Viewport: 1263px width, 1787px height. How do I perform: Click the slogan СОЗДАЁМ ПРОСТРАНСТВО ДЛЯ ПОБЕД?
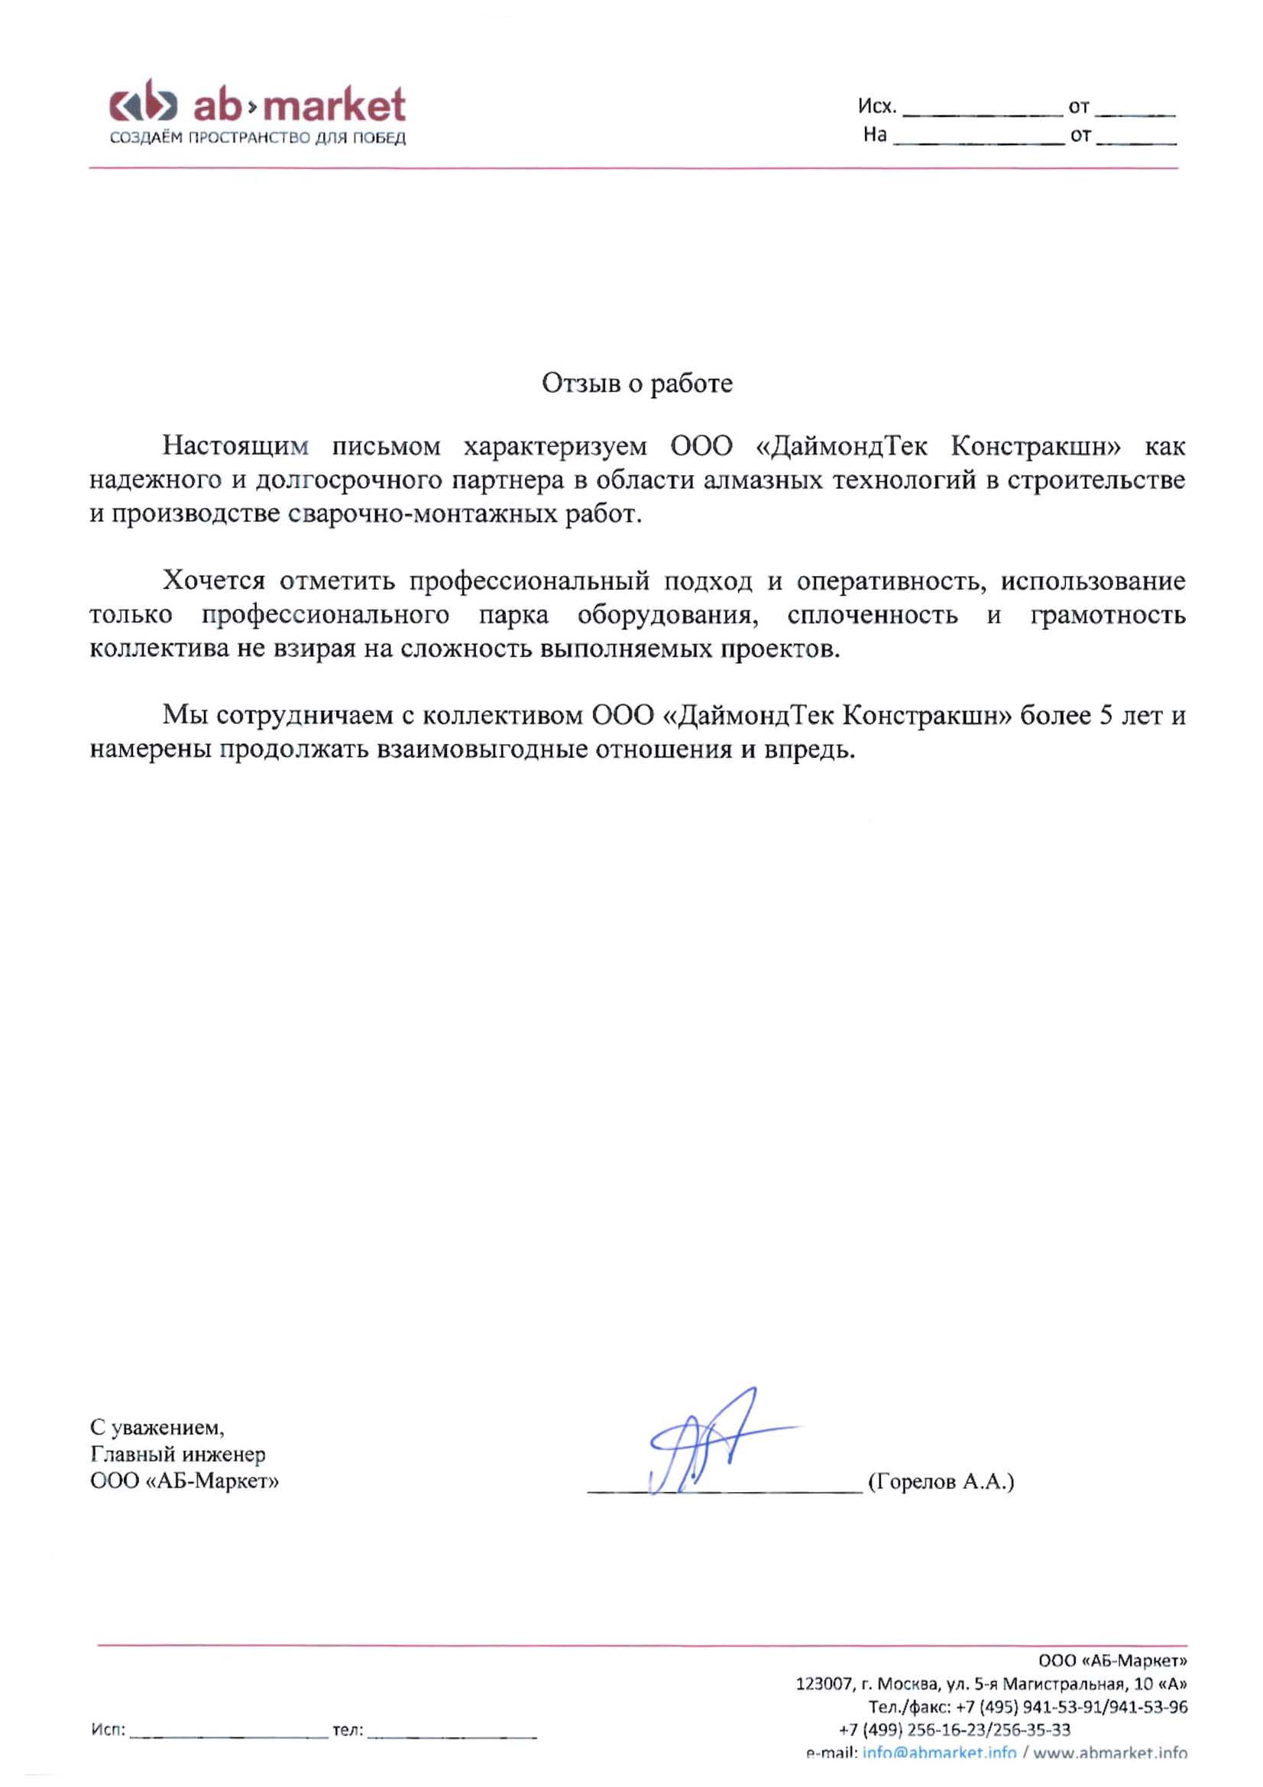[257, 138]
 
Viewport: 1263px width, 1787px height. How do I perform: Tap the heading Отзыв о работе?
[636, 383]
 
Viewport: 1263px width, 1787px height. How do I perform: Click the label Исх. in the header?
[877, 106]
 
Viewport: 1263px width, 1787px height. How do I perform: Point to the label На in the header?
[875, 134]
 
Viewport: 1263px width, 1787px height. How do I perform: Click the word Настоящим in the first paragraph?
[235, 446]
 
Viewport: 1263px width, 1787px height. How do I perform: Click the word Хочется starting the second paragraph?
[213, 581]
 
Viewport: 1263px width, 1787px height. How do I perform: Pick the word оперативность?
[892, 581]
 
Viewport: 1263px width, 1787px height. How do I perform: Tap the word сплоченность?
[872, 615]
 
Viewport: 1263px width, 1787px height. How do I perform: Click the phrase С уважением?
[157, 1426]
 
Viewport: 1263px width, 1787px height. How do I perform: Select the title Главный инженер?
[177, 1453]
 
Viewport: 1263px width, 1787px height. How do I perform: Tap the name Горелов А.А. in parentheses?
[941, 1481]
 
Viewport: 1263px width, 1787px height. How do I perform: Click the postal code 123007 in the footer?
[824, 1685]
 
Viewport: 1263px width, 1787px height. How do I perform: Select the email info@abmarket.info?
[938, 1753]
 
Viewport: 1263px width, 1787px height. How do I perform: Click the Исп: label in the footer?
[108, 1730]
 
